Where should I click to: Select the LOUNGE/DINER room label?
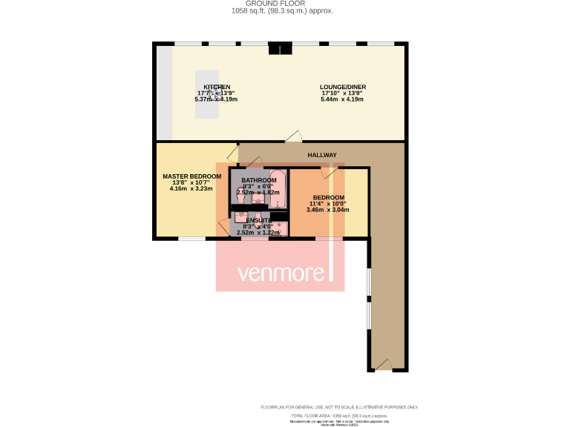[x=342, y=87]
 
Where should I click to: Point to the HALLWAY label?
[x=322, y=155]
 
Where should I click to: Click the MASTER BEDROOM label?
[x=191, y=176]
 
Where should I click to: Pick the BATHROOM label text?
[x=258, y=180]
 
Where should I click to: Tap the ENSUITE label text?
[x=258, y=221]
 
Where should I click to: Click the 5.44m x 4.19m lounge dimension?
[x=342, y=99]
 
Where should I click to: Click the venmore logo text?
[x=283, y=274]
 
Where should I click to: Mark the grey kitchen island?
[x=207, y=94]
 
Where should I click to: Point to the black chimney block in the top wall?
[x=280, y=49]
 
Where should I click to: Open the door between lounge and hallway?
[x=295, y=136]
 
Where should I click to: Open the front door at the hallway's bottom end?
[x=381, y=364]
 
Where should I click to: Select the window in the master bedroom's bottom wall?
[x=191, y=239]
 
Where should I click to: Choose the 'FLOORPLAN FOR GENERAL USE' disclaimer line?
[x=339, y=407]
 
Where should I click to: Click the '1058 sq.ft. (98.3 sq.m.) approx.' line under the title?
[x=282, y=11]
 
